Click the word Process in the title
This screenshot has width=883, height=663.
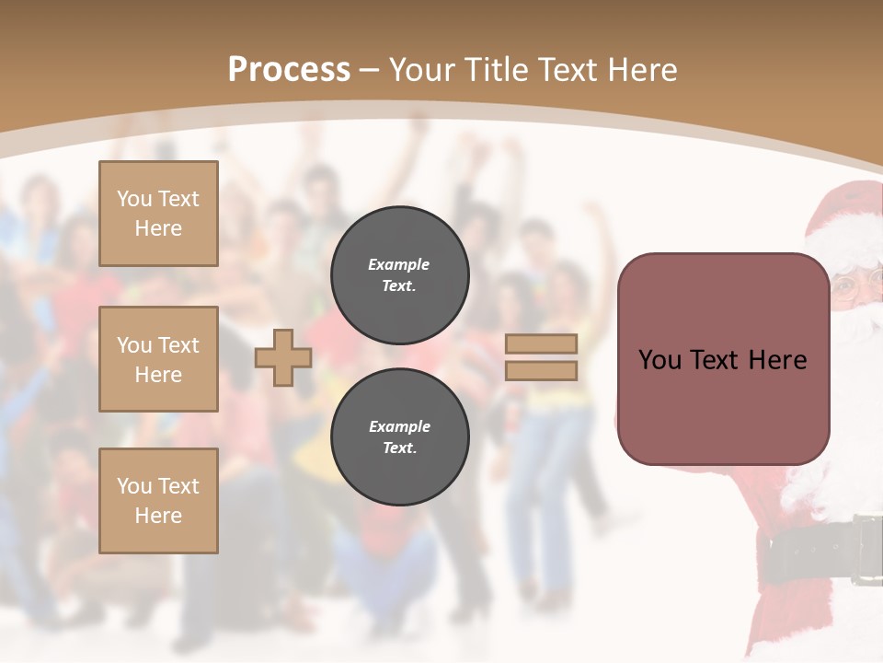289,70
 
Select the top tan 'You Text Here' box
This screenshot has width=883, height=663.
158,214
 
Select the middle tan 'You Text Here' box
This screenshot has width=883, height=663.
158,359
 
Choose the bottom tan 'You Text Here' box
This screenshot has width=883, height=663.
158,501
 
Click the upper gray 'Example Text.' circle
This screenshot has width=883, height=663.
400,274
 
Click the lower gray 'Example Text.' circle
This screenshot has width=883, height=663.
400,436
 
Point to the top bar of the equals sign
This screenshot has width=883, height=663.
541,344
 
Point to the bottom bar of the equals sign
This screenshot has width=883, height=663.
541,371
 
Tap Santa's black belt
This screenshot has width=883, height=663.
809,551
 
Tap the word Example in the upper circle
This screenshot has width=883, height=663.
399,265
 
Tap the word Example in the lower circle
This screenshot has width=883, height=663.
399,427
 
